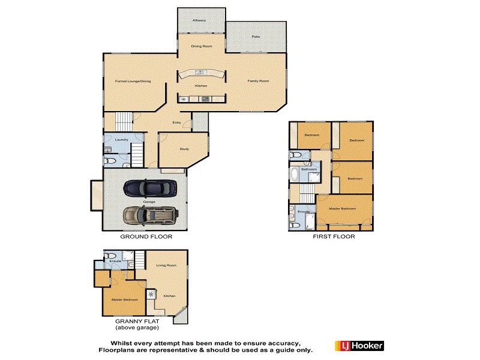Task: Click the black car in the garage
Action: click(x=151, y=188)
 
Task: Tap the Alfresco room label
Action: click(x=199, y=20)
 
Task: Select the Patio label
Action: click(x=256, y=37)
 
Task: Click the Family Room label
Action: click(x=259, y=80)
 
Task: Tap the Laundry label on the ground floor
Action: click(x=122, y=140)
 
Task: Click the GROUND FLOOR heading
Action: click(x=146, y=236)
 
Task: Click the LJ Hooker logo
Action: click(x=359, y=345)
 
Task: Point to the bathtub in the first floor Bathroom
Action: click(x=295, y=175)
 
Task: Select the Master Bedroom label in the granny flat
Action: click(x=125, y=299)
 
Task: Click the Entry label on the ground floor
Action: click(x=176, y=122)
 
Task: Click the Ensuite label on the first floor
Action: click(x=304, y=212)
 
